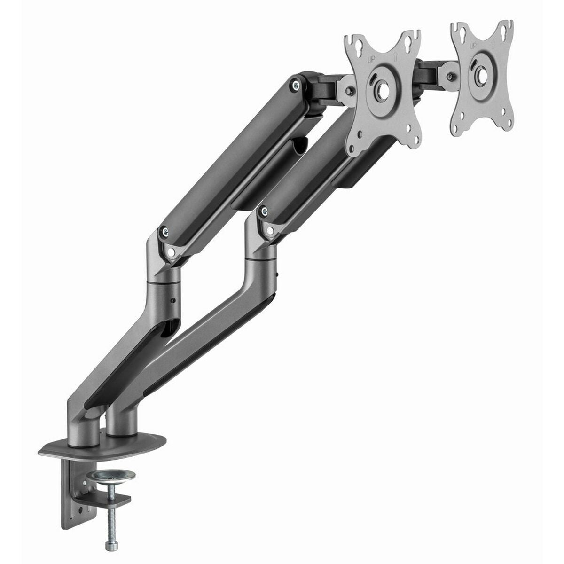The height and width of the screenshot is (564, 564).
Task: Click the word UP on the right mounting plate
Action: (x=472, y=46)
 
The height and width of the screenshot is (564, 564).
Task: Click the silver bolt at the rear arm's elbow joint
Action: (x=165, y=231)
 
